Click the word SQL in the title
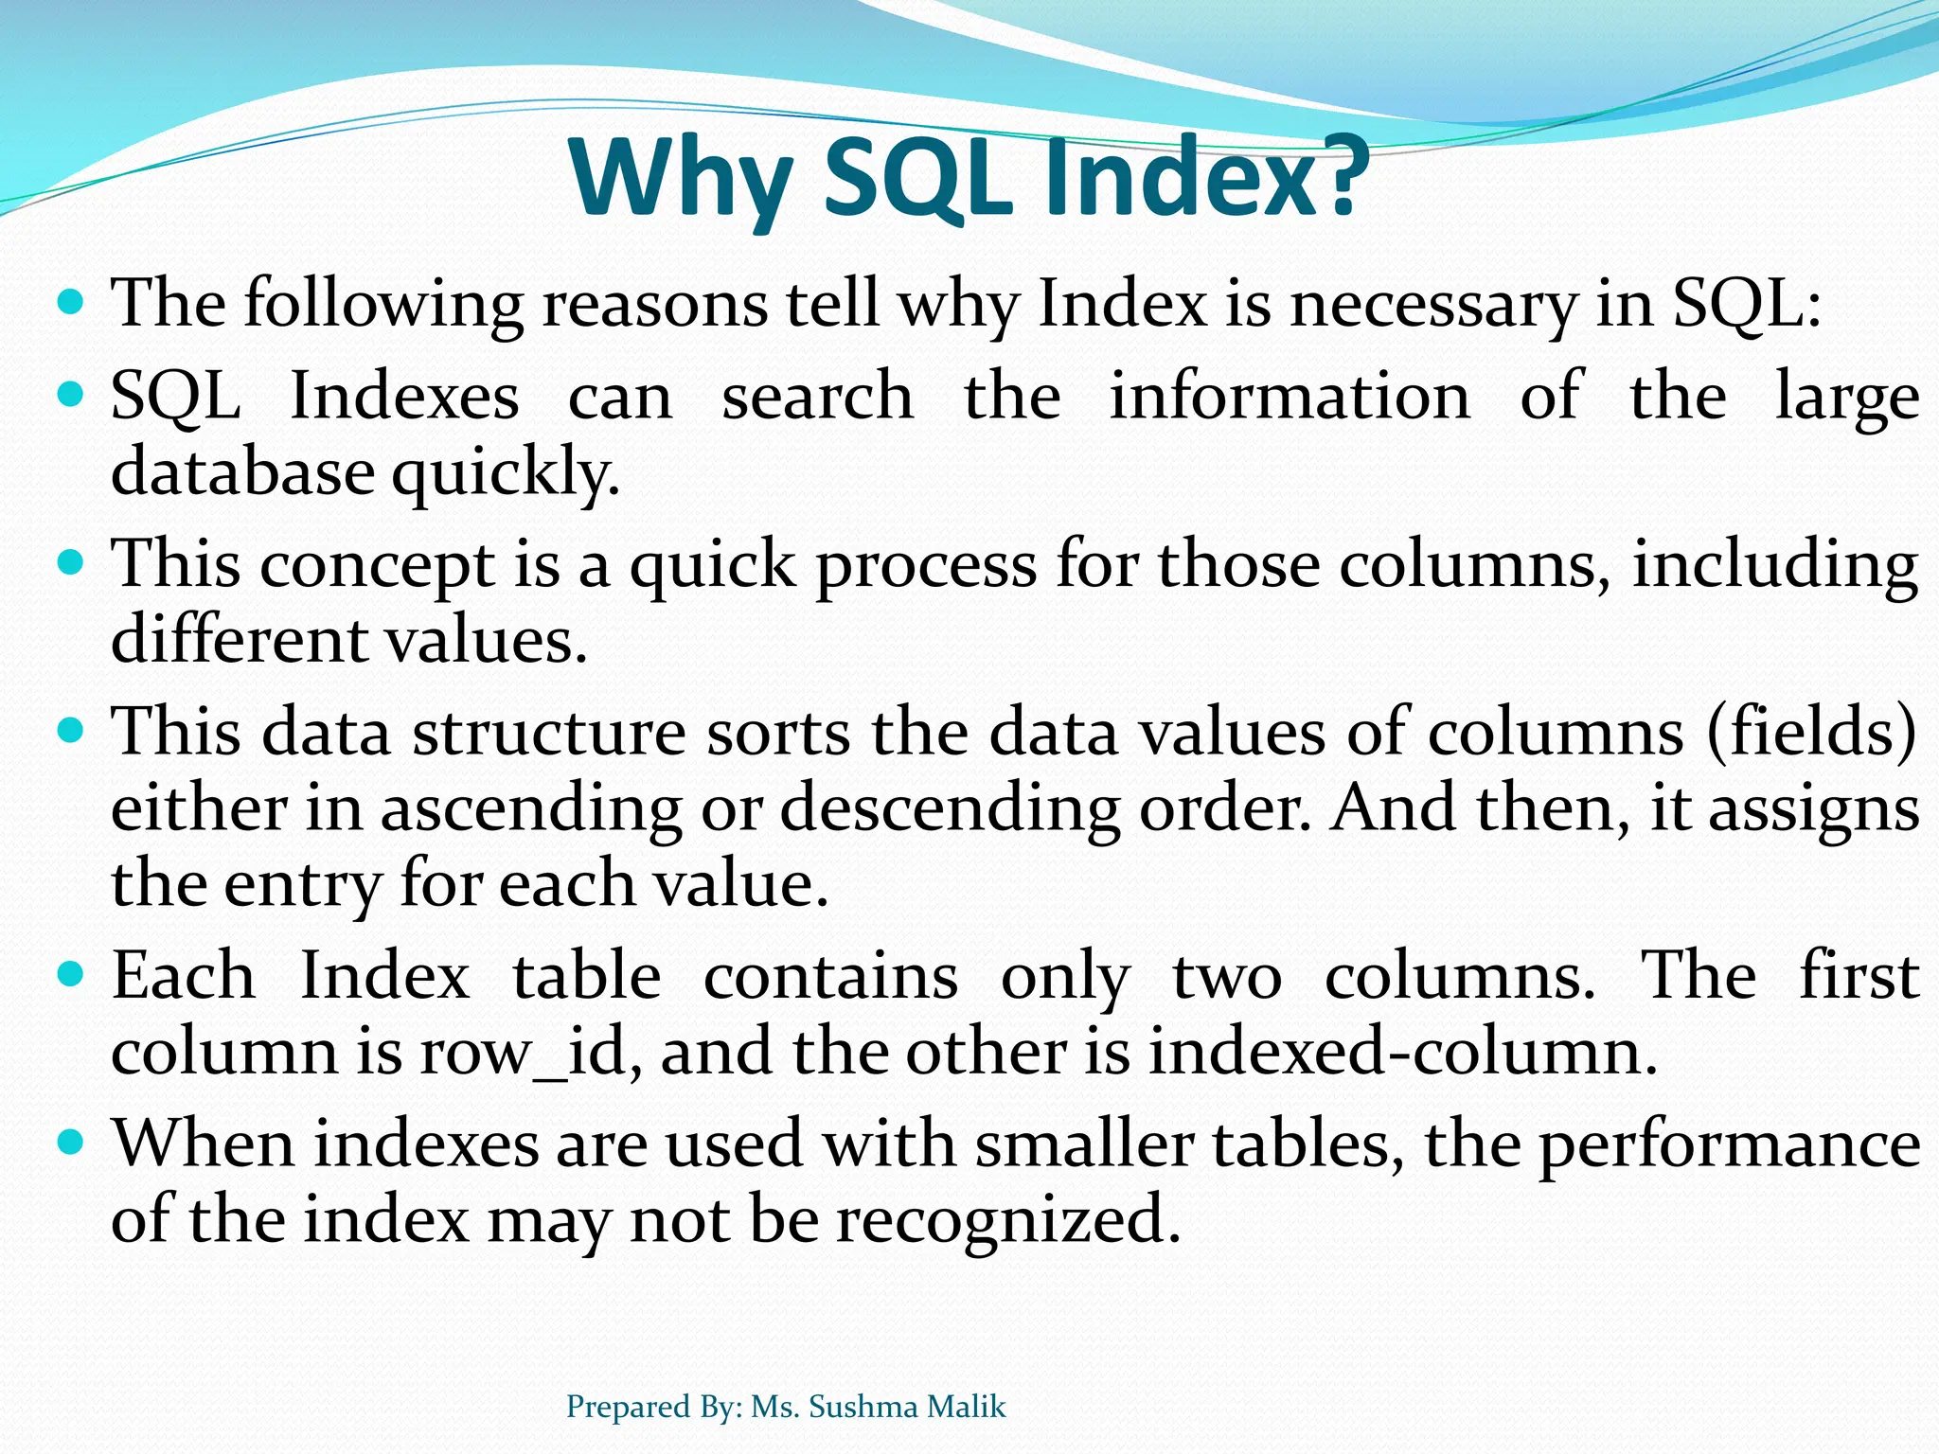[915, 178]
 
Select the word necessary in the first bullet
[1433, 305]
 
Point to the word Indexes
[404, 396]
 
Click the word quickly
[506, 472]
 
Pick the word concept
[377, 564]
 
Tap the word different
[240, 640]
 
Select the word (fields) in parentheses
[1811, 733]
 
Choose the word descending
[950, 809]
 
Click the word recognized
[1008, 1220]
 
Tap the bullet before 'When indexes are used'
[71, 1142]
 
